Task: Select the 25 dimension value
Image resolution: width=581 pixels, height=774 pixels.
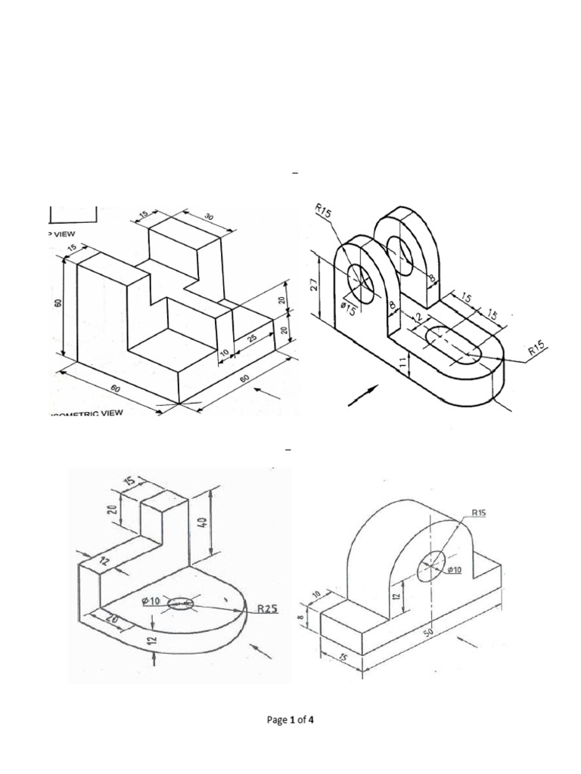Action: pos(251,337)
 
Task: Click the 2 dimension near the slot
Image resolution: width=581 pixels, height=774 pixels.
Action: pos(415,318)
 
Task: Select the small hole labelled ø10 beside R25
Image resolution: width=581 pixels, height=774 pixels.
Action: pos(180,603)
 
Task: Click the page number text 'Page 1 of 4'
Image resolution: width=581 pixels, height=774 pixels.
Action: pos(290,720)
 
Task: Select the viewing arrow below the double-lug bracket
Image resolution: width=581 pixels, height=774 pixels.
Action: pos(363,395)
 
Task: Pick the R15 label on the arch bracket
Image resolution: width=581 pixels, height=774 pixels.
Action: pos(478,512)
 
